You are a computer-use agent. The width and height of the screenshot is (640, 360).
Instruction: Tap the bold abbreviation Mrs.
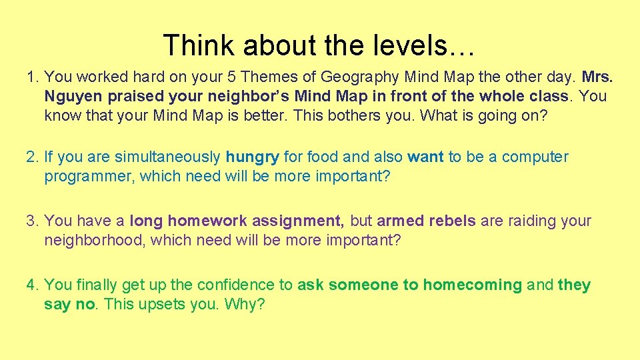click(x=597, y=77)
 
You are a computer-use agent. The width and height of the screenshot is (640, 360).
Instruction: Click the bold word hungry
click(x=253, y=157)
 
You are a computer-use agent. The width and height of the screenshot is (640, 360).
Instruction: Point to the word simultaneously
click(x=167, y=157)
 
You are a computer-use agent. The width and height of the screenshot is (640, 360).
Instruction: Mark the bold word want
click(x=425, y=157)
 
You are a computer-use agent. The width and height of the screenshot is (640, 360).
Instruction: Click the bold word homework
click(x=203, y=221)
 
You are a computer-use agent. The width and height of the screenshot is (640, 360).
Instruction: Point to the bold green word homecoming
click(x=473, y=285)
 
